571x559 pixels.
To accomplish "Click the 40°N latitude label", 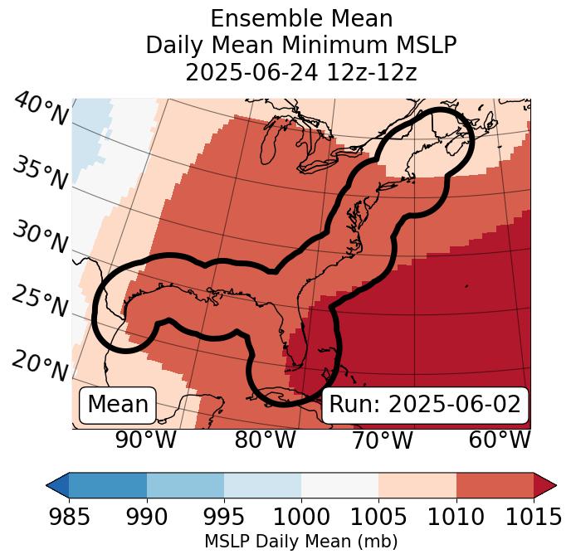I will point(41,109).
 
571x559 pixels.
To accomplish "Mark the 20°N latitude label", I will point(41,365).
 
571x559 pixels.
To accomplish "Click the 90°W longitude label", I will point(145,440).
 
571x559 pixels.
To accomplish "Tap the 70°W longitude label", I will point(382,440).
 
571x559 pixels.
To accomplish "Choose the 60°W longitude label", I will point(500,440).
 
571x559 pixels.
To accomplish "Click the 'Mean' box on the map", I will point(118,405).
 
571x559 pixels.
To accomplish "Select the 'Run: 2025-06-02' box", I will point(425,405).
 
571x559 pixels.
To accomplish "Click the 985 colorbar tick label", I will point(69,517).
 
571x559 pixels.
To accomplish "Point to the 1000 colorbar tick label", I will point(301,517).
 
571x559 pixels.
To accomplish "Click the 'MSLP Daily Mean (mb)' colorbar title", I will point(301,542).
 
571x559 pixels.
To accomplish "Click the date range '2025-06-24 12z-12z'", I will point(301,72).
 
